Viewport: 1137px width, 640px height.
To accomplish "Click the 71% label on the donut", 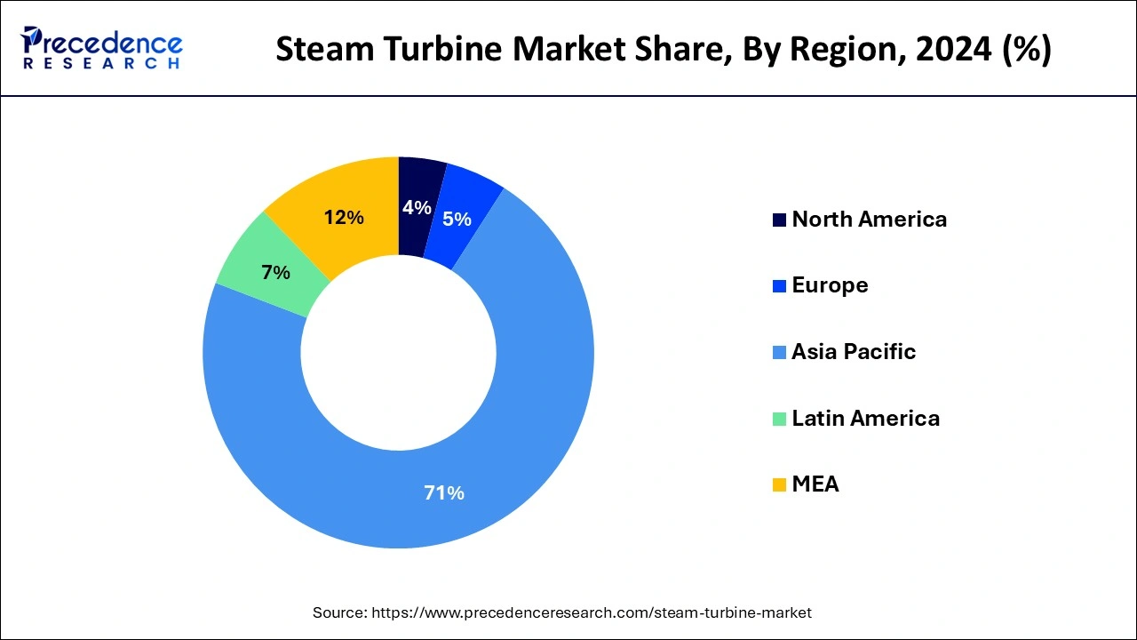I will tap(444, 492).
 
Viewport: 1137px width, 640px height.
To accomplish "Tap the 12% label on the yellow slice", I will tap(344, 217).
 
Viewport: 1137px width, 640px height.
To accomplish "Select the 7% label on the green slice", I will tap(275, 273).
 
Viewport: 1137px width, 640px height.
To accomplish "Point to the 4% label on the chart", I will tap(417, 207).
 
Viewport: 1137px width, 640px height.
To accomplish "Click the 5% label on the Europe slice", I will tap(457, 219).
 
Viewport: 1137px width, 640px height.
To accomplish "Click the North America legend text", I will tap(869, 220).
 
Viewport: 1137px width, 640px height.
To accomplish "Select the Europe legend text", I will tap(830, 285).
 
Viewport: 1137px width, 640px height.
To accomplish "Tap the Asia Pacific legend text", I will tap(853, 352).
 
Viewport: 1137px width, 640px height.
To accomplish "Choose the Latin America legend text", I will tap(865, 418).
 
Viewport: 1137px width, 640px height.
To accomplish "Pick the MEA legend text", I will tap(815, 484).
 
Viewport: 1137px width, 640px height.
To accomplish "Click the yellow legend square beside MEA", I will tap(779, 485).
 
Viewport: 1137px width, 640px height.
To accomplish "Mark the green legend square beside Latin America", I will tap(779, 419).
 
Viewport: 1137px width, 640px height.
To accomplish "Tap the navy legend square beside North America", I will tap(779, 220).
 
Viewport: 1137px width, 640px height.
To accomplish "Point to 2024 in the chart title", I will tap(942, 49).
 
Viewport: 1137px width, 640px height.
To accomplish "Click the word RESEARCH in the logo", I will tap(101, 63).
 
